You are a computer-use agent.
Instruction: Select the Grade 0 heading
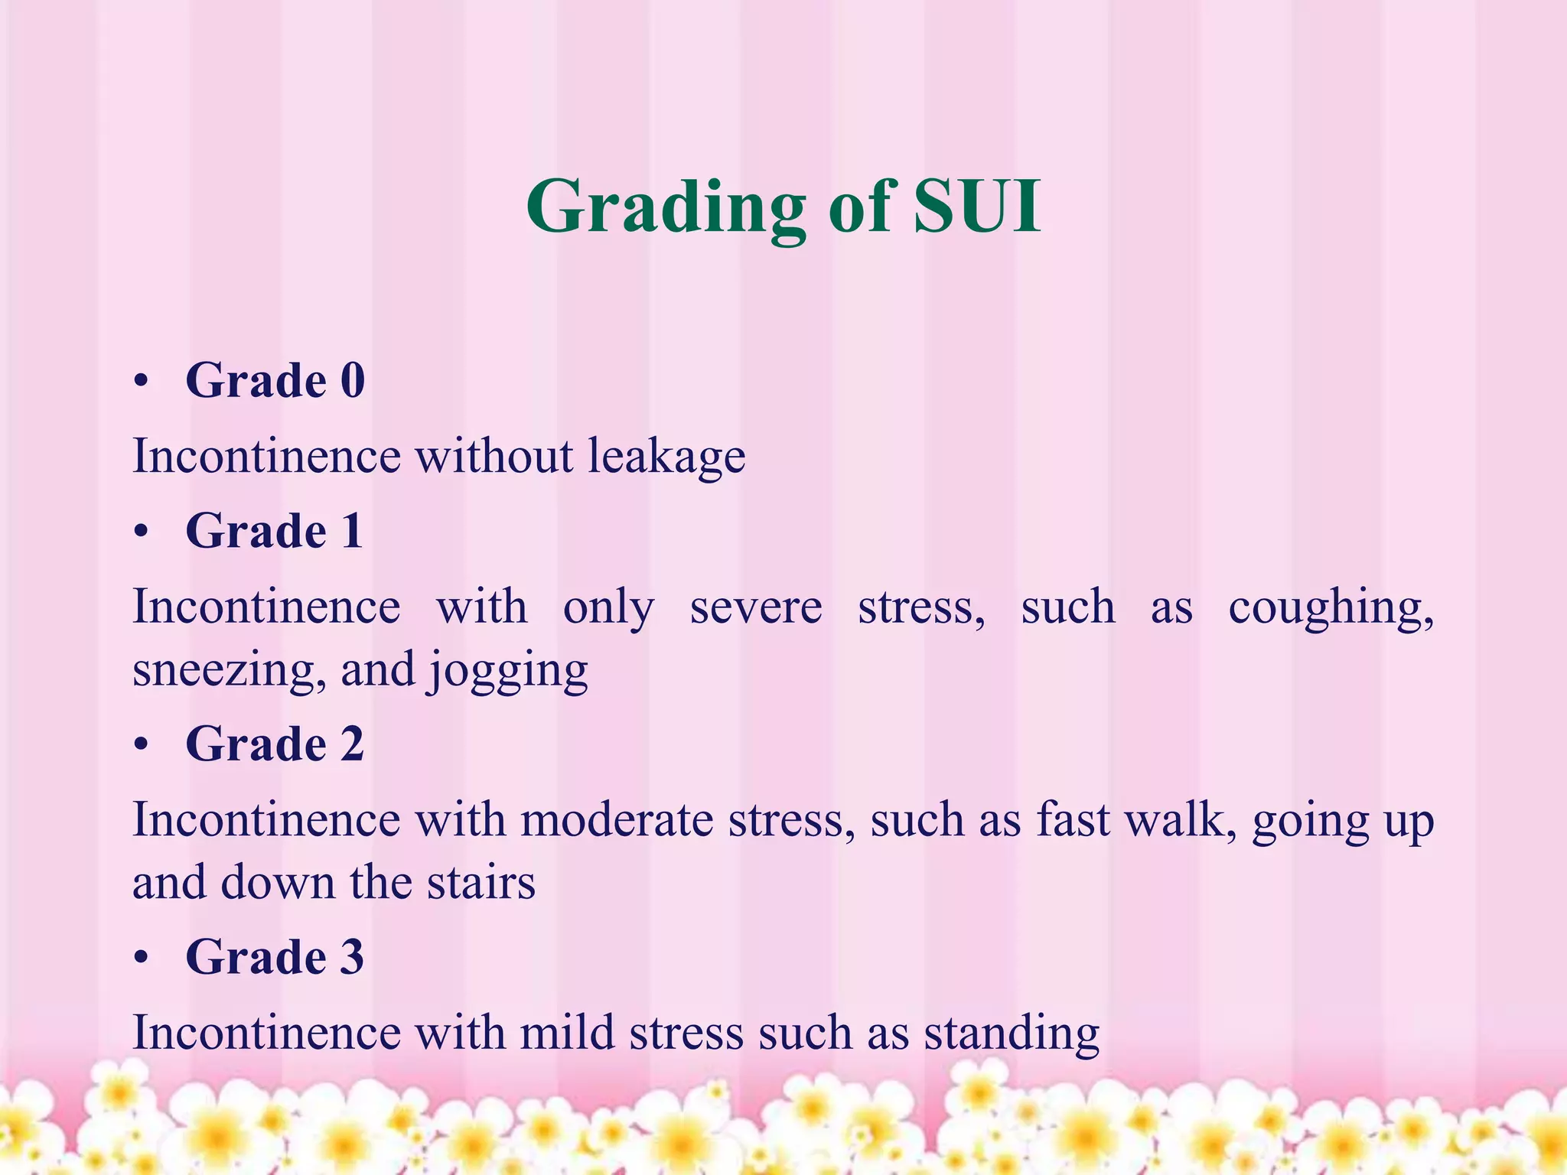275,380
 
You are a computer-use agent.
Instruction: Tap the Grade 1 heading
274,531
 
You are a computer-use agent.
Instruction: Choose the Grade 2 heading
275,744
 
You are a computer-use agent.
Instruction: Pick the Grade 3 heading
275,956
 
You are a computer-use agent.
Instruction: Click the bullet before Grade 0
140,382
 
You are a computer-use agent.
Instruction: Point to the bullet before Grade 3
140,958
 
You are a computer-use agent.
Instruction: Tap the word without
494,456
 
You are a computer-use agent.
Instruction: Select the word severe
756,607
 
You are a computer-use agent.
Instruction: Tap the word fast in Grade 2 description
1073,819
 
